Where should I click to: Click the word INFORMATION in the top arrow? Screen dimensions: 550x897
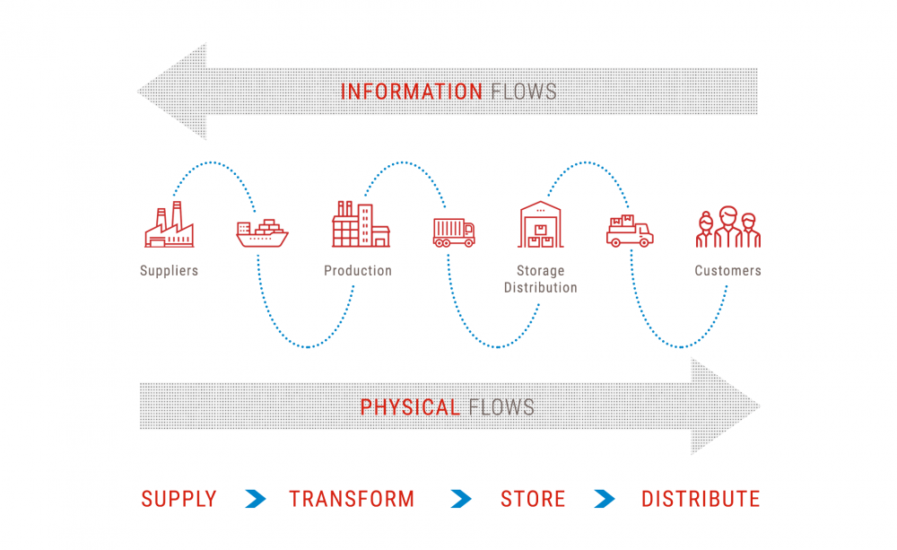412,91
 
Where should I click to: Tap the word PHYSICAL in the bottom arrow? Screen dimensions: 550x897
409,407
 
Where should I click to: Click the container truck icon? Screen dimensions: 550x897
453,232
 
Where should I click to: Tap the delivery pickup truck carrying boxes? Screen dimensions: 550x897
630,232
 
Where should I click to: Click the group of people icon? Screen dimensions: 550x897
727,228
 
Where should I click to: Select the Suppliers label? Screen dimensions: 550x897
169,270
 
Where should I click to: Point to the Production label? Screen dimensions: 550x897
358,270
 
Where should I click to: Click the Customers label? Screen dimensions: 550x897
727,270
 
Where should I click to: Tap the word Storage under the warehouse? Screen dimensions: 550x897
540,270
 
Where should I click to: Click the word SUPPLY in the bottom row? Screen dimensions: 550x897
179,499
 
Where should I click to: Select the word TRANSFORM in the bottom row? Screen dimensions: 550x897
352,499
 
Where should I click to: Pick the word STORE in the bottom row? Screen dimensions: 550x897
533,499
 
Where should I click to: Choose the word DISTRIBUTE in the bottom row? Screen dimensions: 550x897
701,499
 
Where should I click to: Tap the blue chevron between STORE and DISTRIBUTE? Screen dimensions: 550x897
605,499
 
